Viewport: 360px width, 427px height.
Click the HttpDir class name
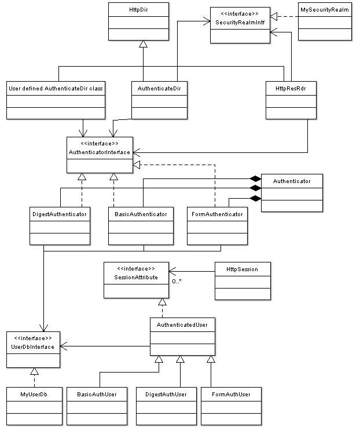[x=138, y=10]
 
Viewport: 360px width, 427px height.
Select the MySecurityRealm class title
[x=324, y=10]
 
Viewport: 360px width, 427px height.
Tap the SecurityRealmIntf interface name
[x=240, y=23]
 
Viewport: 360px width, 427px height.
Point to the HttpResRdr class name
[x=291, y=89]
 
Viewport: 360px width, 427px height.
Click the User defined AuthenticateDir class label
[x=56, y=89]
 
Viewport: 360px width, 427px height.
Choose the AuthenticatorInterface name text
[x=100, y=152]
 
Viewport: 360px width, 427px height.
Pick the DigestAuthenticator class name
[x=59, y=214]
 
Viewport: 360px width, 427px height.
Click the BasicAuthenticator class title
[x=141, y=214]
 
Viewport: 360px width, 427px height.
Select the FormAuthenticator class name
[x=217, y=214]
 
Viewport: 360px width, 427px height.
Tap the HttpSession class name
[x=242, y=269]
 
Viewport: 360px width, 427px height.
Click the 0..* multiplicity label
[x=177, y=282]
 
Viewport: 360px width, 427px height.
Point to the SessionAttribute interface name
[x=136, y=277]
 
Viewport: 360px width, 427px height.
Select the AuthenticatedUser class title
[x=182, y=325]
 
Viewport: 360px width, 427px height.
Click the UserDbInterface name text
[x=32, y=346]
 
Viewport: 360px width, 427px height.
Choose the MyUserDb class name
[x=34, y=395]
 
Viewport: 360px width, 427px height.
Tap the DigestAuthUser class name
[x=166, y=395]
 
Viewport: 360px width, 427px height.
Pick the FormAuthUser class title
[x=231, y=395]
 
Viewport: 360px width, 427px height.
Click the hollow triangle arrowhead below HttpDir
[x=143, y=44]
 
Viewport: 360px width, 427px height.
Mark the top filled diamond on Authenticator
[x=255, y=178]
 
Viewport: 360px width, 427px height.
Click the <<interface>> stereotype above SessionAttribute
[x=136, y=269]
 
